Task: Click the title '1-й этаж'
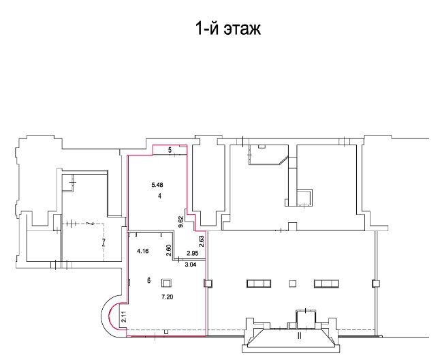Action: [227, 29]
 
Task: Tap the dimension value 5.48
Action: [157, 185]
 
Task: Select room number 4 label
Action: [160, 196]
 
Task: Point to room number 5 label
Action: [170, 150]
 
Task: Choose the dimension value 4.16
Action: [143, 251]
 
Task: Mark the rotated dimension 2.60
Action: [169, 250]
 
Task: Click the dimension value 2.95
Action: [193, 253]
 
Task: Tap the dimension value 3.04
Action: [191, 265]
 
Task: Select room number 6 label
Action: [149, 280]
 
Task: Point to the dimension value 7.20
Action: [167, 297]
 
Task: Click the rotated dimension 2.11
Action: [123, 317]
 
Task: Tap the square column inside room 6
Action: [167, 283]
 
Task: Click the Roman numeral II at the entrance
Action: [300, 335]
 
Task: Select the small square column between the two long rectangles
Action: [293, 283]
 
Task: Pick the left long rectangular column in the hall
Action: [259, 283]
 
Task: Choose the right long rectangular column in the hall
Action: [326, 283]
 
